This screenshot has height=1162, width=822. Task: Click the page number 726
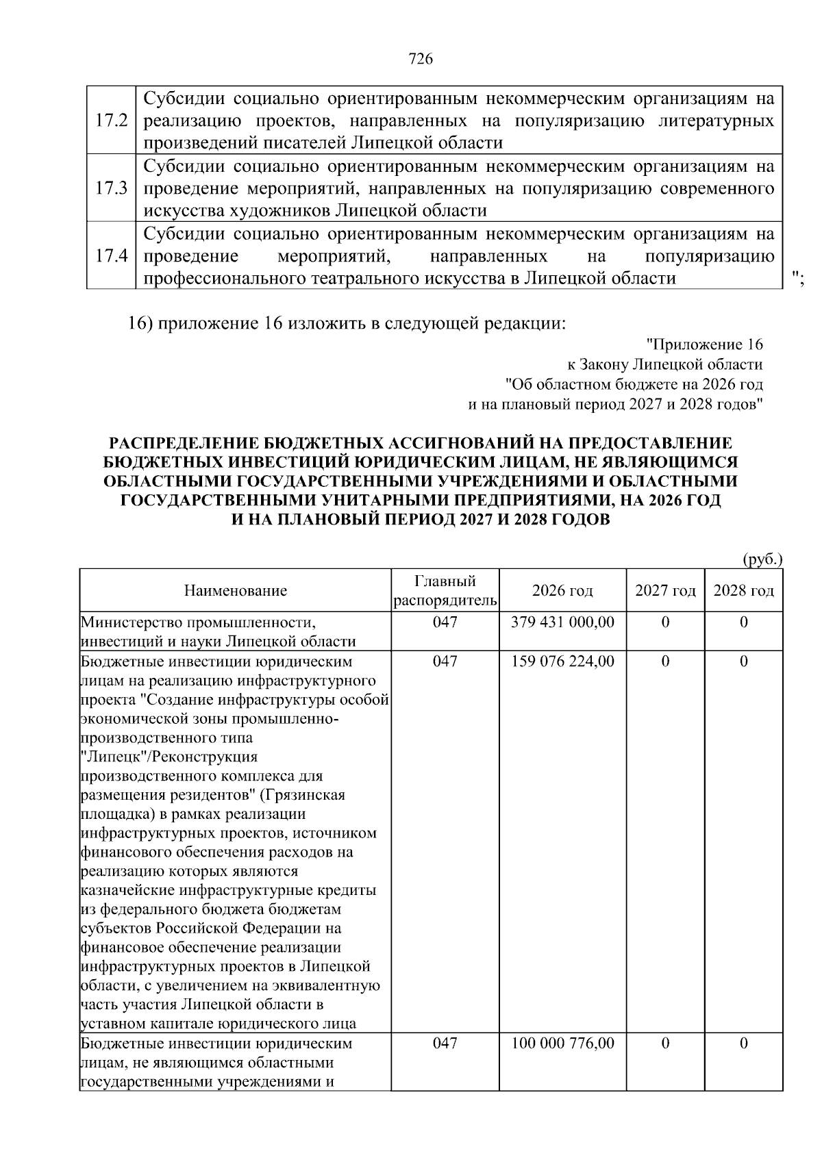click(421, 60)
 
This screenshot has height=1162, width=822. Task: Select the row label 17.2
click(112, 121)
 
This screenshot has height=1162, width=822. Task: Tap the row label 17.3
click(112, 188)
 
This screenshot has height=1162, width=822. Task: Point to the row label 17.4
click(112, 256)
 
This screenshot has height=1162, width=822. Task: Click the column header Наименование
click(235, 591)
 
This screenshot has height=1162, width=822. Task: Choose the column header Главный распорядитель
click(445, 591)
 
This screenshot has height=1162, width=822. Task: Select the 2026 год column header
click(562, 591)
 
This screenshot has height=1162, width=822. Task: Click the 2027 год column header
click(665, 591)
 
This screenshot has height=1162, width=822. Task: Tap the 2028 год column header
click(743, 591)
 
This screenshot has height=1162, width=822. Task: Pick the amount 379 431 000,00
click(562, 622)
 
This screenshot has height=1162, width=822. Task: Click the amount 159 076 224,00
click(562, 661)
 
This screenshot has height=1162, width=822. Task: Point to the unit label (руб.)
click(762, 559)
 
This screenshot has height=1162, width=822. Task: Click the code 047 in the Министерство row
click(445, 622)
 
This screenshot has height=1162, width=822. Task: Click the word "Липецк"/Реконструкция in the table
click(169, 757)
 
